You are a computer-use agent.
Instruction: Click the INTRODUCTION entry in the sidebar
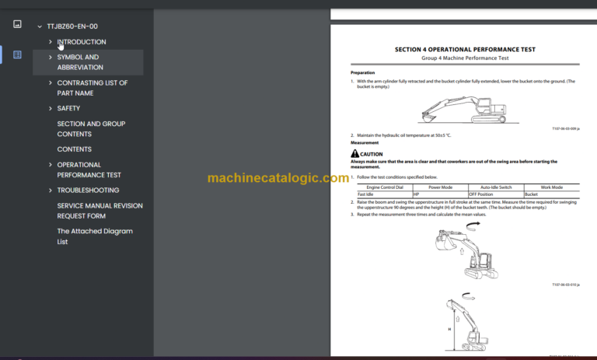[x=82, y=42]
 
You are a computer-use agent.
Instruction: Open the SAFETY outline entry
[x=68, y=108]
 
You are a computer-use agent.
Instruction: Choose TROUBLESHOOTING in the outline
[x=88, y=190]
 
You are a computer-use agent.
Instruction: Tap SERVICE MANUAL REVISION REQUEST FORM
[x=99, y=211]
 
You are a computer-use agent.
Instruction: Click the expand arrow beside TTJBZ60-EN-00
[x=40, y=26]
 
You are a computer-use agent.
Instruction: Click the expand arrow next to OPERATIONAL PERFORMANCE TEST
[x=51, y=165]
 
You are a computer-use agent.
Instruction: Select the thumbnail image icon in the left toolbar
[x=18, y=24]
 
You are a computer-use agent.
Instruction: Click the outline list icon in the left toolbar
[x=18, y=54]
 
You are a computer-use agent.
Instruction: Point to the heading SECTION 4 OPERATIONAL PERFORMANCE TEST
[x=465, y=49]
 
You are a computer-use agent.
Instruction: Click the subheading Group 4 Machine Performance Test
[x=465, y=58]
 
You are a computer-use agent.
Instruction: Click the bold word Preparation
[x=363, y=72]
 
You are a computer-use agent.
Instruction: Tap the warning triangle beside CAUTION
[x=354, y=154]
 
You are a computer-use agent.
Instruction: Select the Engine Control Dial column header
[x=385, y=187]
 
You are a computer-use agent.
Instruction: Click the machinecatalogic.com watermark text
[x=278, y=178]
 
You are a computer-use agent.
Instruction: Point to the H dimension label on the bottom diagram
[x=449, y=330]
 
